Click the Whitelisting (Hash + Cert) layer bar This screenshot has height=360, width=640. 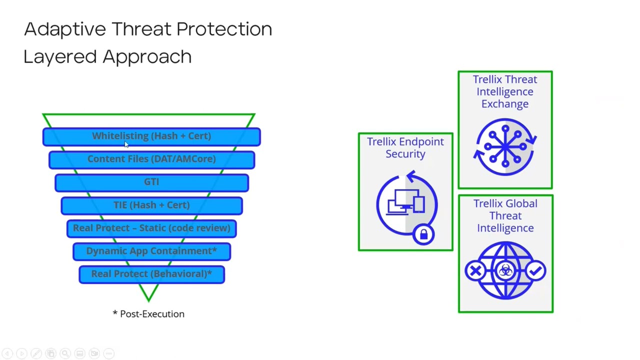tap(151, 136)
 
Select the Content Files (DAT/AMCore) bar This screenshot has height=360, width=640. tap(151, 159)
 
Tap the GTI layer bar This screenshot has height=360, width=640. tap(151, 182)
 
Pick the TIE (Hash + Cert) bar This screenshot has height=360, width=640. tap(151, 205)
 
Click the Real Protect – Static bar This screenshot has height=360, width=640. tap(151, 228)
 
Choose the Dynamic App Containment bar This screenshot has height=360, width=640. tap(151, 251)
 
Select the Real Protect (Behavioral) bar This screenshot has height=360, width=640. tap(151, 274)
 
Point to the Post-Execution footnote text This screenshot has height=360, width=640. tap(148, 314)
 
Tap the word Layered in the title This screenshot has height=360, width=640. tap(60, 57)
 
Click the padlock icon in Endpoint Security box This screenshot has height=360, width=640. tap(423, 234)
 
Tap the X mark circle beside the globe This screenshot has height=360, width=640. tap(475, 271)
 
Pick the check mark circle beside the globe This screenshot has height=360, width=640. tap(535, 271)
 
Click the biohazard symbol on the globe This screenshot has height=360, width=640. tap(505, 271)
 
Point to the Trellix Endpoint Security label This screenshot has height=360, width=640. tap(405, 148)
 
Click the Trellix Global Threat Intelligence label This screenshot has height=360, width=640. tap(505, 216)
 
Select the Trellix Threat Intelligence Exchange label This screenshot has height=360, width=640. tap(505, 92)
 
